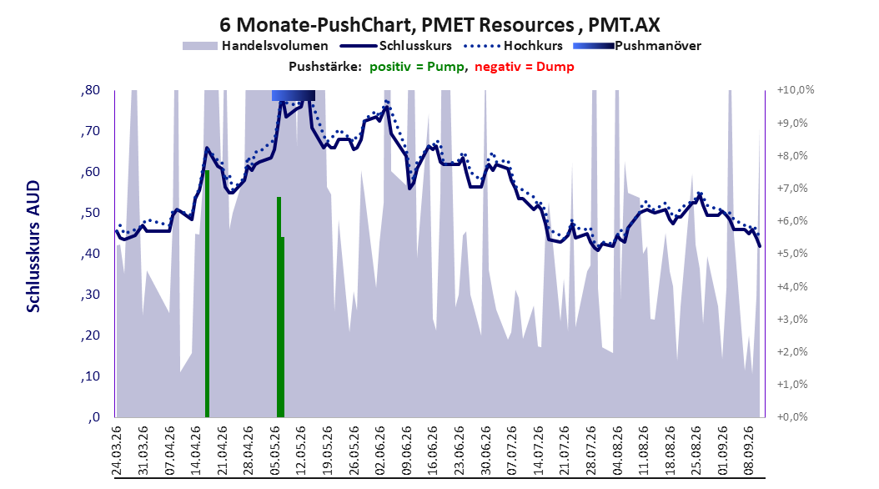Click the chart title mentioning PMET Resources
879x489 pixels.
point(439,25)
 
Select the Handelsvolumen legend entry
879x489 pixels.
point(255,46)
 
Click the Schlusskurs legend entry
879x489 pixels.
point(396,46)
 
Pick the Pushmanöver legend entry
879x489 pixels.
point(637,46)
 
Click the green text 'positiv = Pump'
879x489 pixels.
point(416,67)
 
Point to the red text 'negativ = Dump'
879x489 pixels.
point(525,67)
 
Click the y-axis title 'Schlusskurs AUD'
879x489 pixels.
point(33,246)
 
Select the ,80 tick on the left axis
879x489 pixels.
point(90,90)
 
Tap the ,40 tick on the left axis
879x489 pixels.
point(90,254)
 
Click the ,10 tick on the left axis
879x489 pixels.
point(90,376)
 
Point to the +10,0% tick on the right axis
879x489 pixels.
point(796,90)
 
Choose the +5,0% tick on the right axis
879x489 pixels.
point(792,254)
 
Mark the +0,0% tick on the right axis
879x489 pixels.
point(792,416)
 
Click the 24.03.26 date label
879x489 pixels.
point(117,451)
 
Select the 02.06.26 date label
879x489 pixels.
point(380,451)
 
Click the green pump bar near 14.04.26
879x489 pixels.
point(207,294)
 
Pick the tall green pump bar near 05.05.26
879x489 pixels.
point(279,307)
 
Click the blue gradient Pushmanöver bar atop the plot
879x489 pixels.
point(294,96)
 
